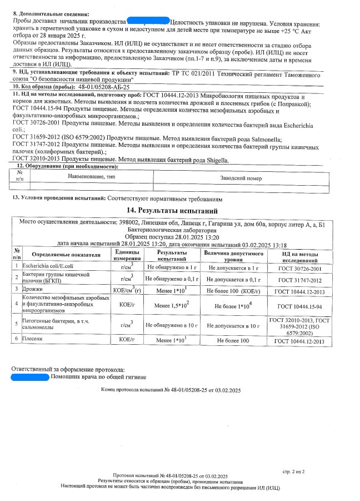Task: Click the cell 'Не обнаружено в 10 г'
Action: pyautogui.click(x=172, y=324)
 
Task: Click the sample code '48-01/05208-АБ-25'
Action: pyautogui.click(x=103, y=87)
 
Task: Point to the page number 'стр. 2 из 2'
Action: pyautogui.click(x=294, y=472)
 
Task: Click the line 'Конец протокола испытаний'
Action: pyautogui.click(x=171, y=391)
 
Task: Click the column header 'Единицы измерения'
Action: pyautogui.click(x=127, y=255)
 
